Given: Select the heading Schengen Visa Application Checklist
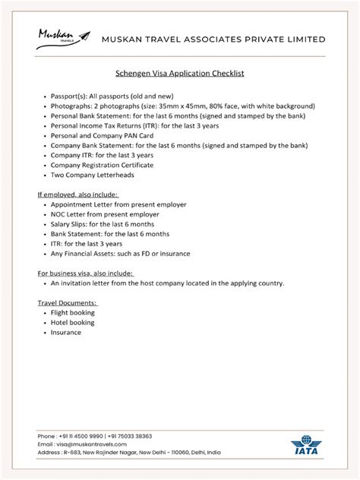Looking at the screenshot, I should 179,75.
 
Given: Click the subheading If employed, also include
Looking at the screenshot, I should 78,194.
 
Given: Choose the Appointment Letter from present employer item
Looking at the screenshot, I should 118,204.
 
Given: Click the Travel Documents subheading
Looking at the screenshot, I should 66,302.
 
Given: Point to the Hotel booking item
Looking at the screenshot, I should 73,322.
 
